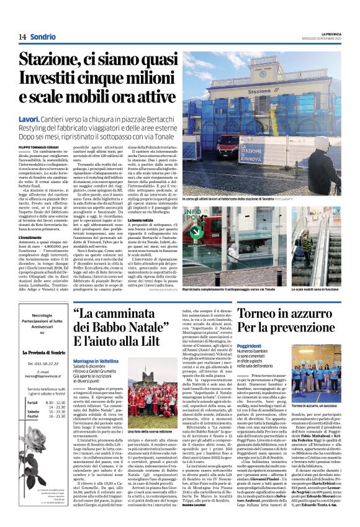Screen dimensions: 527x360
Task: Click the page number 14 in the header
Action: point(22,37)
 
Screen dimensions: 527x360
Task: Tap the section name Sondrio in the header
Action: point(42,37)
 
